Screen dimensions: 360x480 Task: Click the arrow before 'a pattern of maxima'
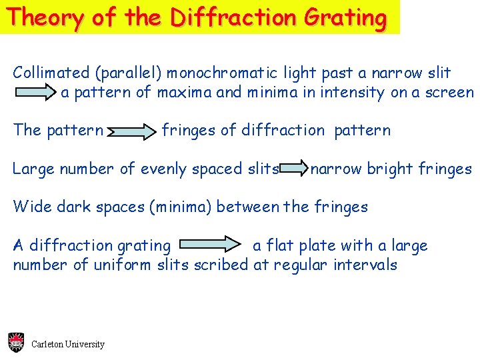click(x=37, y=93)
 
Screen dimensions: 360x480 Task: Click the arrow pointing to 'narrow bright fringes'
click(x=294, y=169)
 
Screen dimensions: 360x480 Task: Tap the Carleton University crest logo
click(x=16, y=343)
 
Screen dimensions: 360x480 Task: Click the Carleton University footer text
click(x=68, y=345)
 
